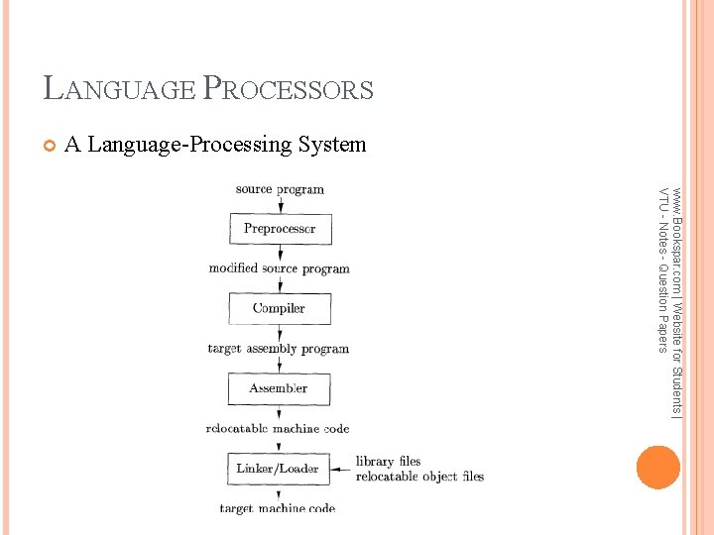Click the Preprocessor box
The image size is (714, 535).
[x=280, y=229]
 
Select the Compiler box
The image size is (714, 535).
[x=279, y=308]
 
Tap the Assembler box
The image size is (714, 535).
[x=279, y=388]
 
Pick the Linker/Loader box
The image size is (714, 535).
[x=278, y=468]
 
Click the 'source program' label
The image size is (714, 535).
[x=280, y=189]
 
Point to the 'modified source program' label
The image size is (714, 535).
[x=280, y=268]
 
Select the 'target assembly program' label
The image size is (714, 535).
[x=279, y=349]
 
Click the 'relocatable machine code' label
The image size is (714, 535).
[x=278, y=429]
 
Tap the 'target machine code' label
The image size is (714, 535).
[x=278, y=508]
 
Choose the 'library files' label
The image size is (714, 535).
[x=388, y=462]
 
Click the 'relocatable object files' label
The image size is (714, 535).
[x=419, y=477]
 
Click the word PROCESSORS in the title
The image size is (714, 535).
[x=288, y=89]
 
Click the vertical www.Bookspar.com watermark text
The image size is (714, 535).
[x=669, y=297]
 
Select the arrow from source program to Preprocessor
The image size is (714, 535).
[x=280, y=205]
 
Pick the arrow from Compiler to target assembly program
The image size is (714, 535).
[x=279, y=333]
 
